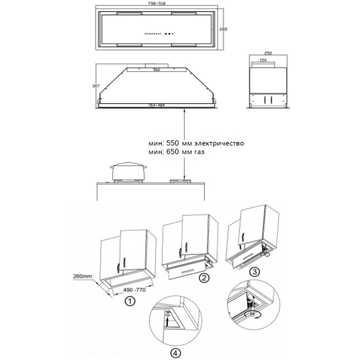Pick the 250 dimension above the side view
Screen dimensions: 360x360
[x=269, y=53]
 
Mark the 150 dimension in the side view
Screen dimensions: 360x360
[x=263, y=60]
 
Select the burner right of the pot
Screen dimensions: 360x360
[x=179, y=179]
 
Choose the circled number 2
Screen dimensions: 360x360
[x=205, y=278]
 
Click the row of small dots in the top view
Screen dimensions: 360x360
[x=154, y=33]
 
